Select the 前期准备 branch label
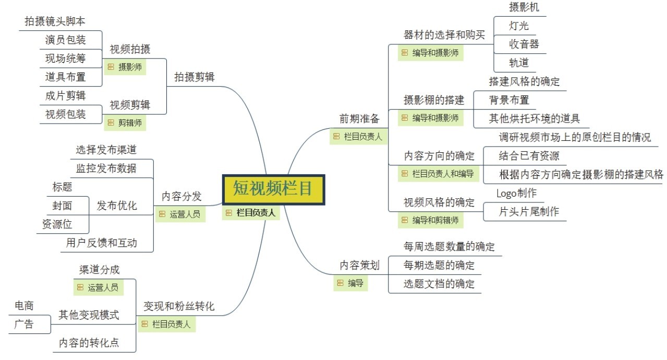(x=360, y=118)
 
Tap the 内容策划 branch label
(x=360, y=265)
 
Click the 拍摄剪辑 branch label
(x=195, y=77)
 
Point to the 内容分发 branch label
(x=181, y=196)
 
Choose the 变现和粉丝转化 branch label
(x=179, y=306)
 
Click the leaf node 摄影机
(x=524, y=7)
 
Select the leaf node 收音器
(x=524, y=44)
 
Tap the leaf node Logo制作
(x=516, y=193)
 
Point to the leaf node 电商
(x=24, y=306)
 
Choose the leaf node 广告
(x=24, y=324)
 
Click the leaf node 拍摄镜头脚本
(x=55, y=21)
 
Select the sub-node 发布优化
(x=117, y=206)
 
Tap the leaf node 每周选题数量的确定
(x=449, y=246)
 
